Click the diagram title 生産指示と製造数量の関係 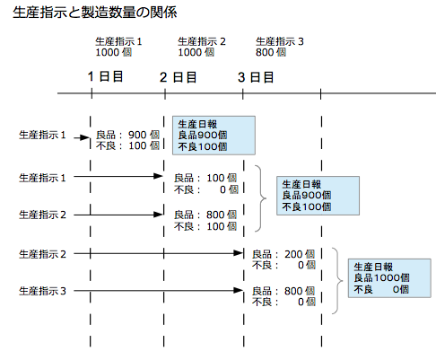95,13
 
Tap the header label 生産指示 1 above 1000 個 118,41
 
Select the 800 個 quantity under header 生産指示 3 271,52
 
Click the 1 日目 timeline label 105,76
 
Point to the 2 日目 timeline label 179,77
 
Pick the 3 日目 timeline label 256,77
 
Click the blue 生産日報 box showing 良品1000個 389,278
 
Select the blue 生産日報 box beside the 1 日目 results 214,136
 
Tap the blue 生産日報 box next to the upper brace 318,196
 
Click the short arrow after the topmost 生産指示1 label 82,138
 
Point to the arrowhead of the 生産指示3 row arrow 239,290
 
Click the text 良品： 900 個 127,135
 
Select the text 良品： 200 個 283,254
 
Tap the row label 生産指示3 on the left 42,291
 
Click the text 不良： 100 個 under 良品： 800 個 205,226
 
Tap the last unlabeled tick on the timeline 320,93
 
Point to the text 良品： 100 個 205,178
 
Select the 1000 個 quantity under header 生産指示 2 196,52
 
